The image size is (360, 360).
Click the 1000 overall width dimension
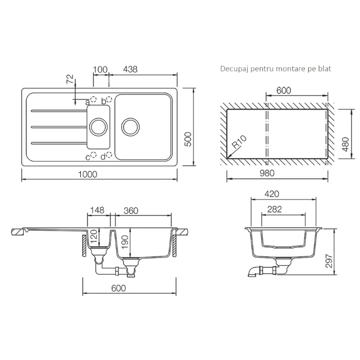[x=88, y=174]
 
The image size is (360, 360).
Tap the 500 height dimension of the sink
[x=188, y=139]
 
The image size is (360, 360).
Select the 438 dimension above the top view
[x=130, y=69]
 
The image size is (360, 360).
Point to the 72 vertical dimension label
[x=70, y=79]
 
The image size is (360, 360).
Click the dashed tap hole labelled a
[x=94, y=99]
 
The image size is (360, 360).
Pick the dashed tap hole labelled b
[x=109, y=99]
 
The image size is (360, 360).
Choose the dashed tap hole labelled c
[x=94, y=155]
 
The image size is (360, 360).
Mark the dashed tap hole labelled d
[x=109, y=155]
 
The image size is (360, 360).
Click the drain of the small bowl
[x=98, y=127]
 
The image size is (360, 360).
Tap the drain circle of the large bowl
[x=131, y=127]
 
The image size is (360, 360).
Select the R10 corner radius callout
[x=239, y=141]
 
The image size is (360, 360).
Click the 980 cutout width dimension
[x=267, y=173]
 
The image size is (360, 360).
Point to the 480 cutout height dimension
[x=346, y=144]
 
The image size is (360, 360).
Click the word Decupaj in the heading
[x=235, y=69]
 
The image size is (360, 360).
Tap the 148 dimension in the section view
[x=97, y=210]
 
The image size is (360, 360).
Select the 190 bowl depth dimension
[x=124, y=242]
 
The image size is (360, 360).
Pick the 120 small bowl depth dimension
[x=94, y=237]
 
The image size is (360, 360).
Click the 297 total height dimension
[x=329, y=261]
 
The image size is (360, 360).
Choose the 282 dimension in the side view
[x=274, y=209]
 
